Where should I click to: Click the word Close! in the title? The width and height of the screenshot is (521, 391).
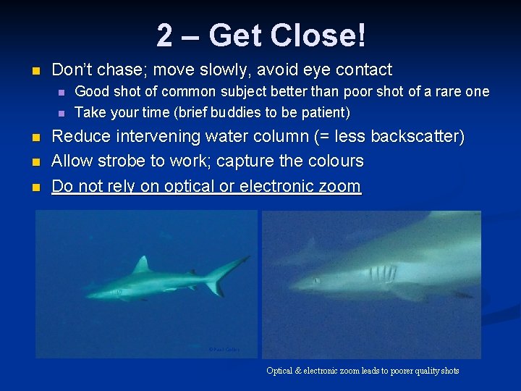tap(318, 35)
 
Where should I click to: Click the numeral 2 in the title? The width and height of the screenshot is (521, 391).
tap(165, 35)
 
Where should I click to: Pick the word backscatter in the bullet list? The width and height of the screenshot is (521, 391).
tap(415, 136)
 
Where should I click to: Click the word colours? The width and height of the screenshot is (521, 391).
tap(334, 161)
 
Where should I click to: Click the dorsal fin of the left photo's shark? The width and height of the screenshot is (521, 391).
tap(143, 264)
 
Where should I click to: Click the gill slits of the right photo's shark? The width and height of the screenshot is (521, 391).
tap(381, 274)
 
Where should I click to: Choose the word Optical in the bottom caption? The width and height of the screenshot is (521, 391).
tap(279, 371)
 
